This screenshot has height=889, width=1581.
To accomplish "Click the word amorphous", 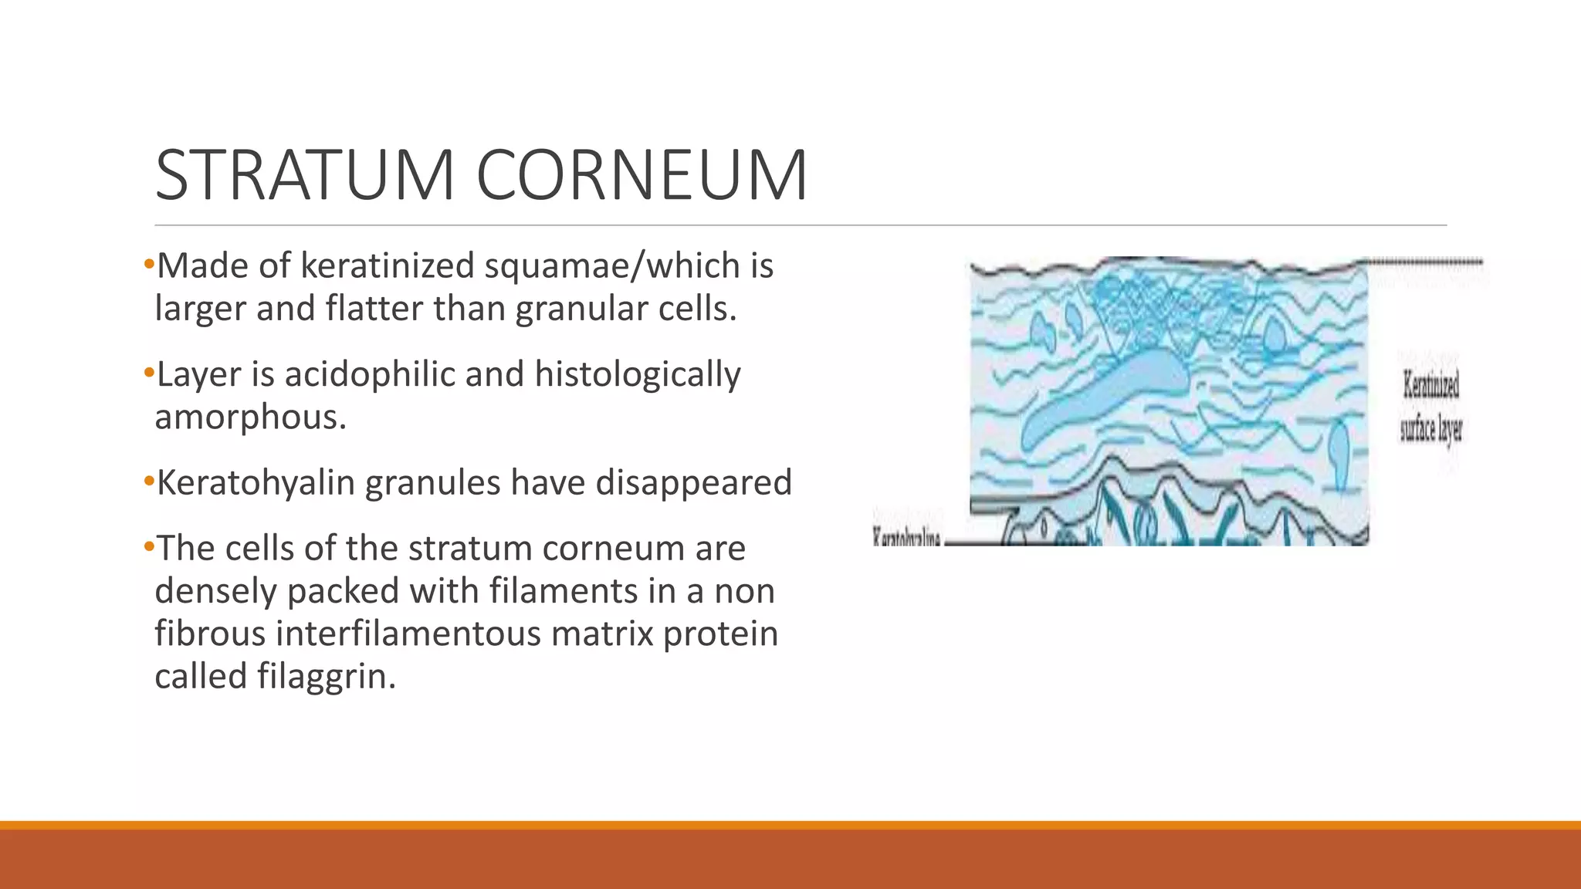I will (249, 417).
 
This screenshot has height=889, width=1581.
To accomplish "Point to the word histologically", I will (637, 375).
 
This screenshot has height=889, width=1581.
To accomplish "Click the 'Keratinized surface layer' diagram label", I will (1430, 407).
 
